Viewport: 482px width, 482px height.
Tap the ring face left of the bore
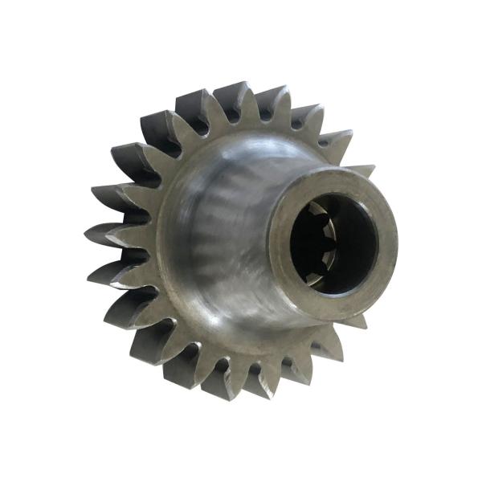pos(281,241)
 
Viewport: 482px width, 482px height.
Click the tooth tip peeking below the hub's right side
pos(353,321)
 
